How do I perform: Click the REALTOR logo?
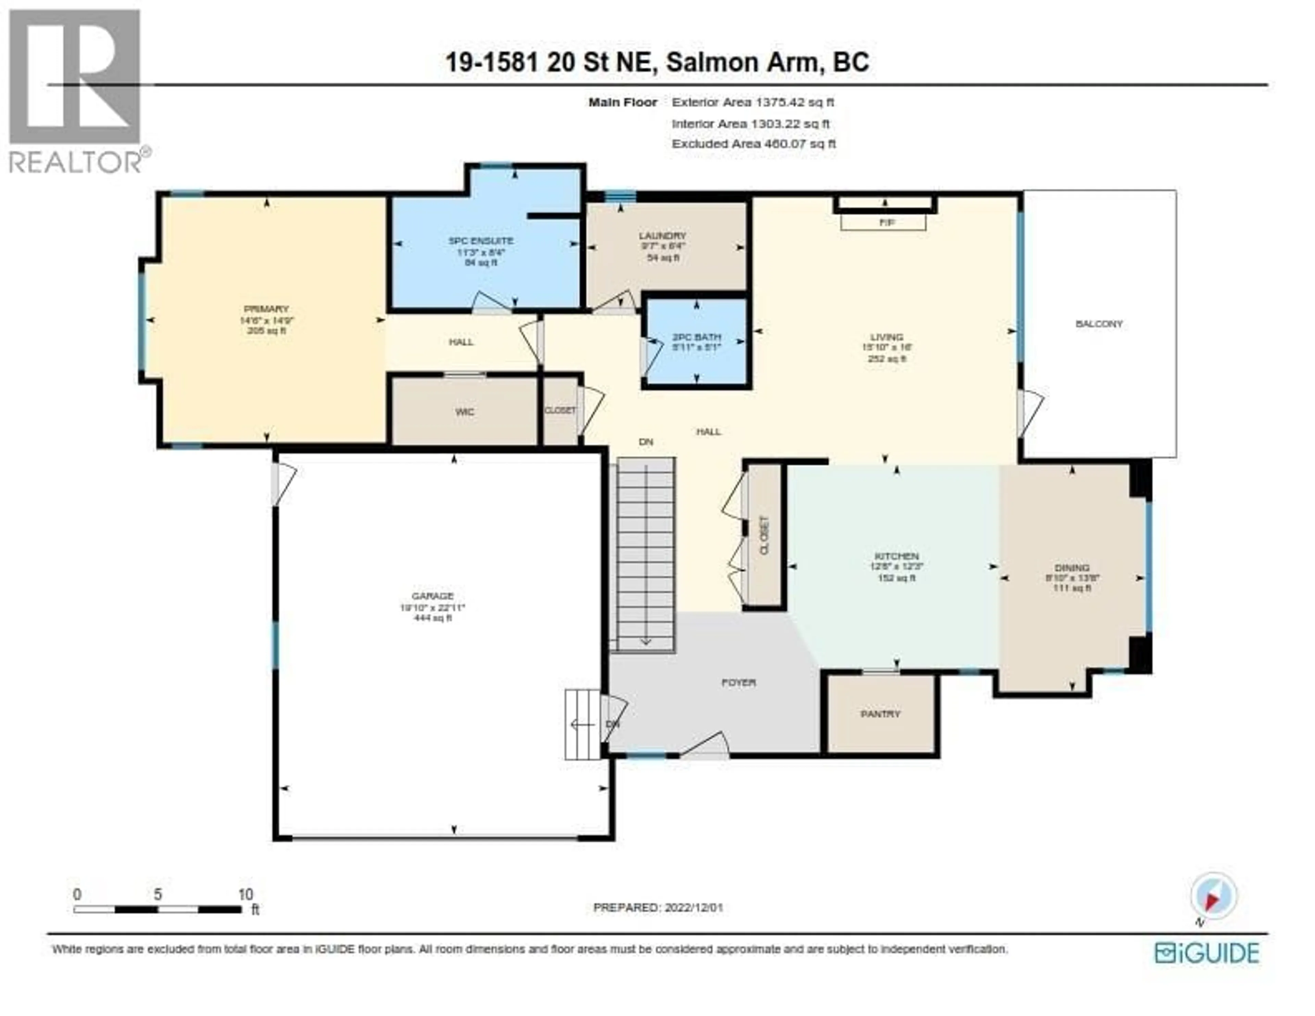(x=75, y=90)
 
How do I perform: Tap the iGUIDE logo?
(x=1207, y=953)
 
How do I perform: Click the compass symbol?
(x=1213, y=896)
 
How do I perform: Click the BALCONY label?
(x=1099, y=324)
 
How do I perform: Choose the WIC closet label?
(x=465, y=412)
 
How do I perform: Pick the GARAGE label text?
(x=432, y=596)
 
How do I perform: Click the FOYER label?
(x=738, y=682)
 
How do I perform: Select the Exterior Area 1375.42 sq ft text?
(x=753, y=102)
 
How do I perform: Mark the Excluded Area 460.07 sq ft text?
(x=753, y=144)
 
